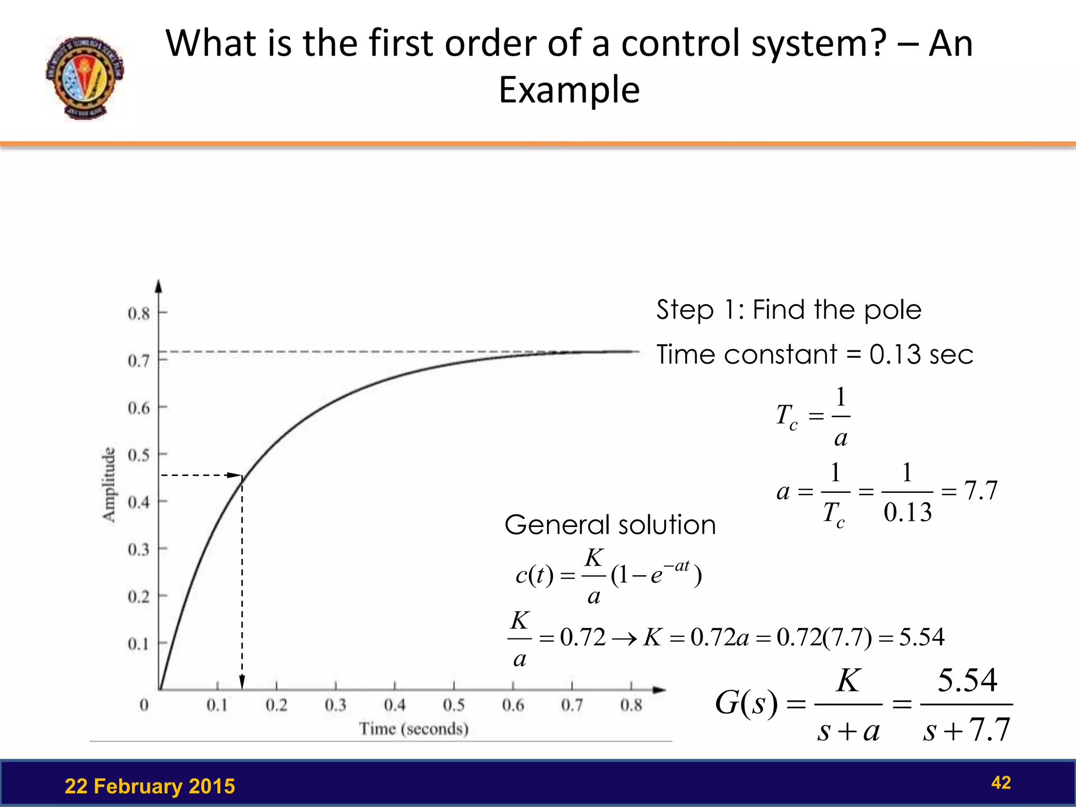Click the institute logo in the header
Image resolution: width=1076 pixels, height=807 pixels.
[84, 78]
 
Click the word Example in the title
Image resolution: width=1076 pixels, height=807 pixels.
[569, 90]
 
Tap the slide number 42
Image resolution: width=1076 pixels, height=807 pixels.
[1000, 783]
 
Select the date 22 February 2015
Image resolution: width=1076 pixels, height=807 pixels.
[150, 787]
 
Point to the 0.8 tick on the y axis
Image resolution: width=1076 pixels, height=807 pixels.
[139, 314]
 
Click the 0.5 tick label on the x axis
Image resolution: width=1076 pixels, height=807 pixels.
[453, 705]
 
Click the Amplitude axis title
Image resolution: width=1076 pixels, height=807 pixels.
[109, 484]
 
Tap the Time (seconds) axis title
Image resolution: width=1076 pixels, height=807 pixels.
[413, 729]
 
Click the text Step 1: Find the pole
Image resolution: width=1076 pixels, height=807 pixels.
[788, 309]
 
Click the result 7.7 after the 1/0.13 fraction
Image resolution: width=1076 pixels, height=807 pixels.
[980, 491]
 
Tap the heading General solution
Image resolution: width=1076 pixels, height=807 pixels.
[610, 525]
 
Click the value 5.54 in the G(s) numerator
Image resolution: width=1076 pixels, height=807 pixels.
[967, 680]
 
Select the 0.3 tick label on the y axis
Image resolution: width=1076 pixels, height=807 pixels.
[139, 550]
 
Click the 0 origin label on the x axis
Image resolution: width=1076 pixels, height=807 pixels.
[144, 705]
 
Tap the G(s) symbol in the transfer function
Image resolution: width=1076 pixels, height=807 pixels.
[746, 703]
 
